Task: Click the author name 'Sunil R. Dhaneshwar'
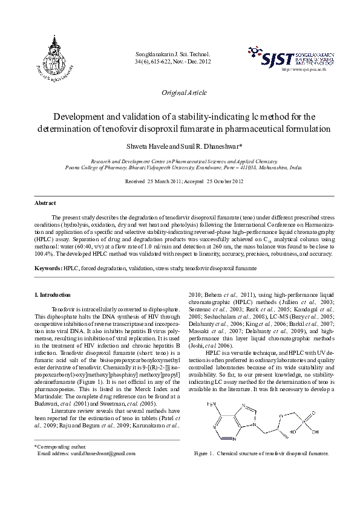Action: (x=207, y=146)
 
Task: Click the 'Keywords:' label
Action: (x=48, y=267)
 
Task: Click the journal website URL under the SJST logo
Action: (x=309, y=70)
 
